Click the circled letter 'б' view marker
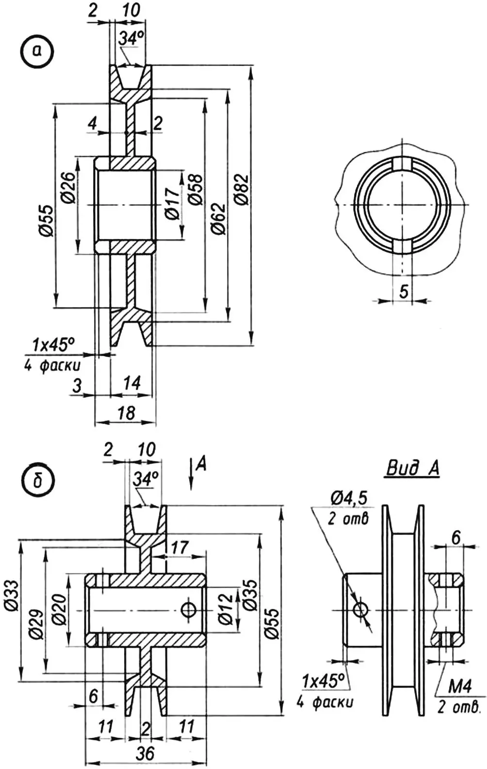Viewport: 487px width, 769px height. [37, 482]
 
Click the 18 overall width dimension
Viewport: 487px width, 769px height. [126, 413]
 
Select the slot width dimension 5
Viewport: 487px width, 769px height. [404, 291]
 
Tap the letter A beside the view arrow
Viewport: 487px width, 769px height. [201, 464]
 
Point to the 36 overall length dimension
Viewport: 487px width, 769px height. [145, 753]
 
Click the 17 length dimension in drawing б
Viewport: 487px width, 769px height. [179, 548]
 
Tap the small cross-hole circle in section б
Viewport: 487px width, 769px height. [188, 609]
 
